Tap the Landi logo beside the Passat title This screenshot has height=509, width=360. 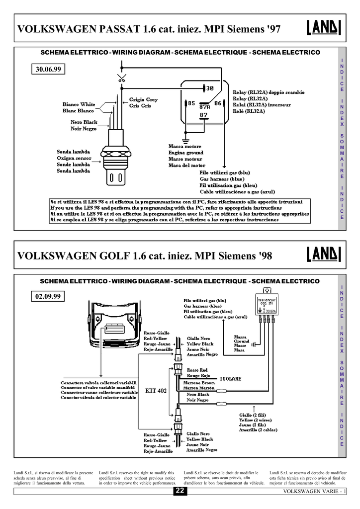pos(321,28)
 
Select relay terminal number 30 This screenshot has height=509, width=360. pos(209,88)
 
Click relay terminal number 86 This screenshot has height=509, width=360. pos(217,103)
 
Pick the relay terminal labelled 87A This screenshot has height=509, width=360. pos(204,106)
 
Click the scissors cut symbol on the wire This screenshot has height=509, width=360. pos(121,78)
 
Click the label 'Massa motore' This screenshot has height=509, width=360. pos(185,147)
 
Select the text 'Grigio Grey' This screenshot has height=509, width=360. pos(144,100)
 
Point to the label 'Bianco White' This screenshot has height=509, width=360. pos(79,105)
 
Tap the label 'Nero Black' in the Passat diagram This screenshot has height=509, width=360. pos(84,122)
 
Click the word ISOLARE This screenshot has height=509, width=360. pos(231,378)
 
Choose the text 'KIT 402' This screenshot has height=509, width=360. pos(156,390)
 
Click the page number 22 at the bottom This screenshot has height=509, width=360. pos(180,492)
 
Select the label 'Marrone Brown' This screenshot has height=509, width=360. pos(200,383)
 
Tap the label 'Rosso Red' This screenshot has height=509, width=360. pos(197,370)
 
